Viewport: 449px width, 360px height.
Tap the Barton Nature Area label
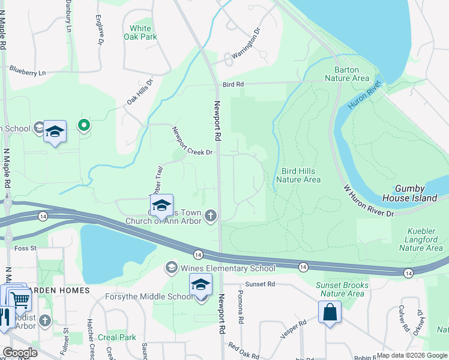pos(346,74)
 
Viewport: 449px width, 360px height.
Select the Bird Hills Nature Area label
pos(298,175)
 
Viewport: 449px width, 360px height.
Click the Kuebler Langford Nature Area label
pos(421,239)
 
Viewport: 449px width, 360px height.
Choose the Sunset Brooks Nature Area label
pos(340,289)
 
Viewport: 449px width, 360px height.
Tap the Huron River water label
pos(364,97)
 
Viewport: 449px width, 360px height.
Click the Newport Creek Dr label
pos(192,142)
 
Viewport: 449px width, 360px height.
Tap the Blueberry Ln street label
pos(27,73)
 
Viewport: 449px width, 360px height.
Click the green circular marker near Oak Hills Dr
pos(84,126)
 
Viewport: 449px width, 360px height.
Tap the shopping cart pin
pos(20,298)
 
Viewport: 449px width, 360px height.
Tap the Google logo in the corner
pos(20,353)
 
